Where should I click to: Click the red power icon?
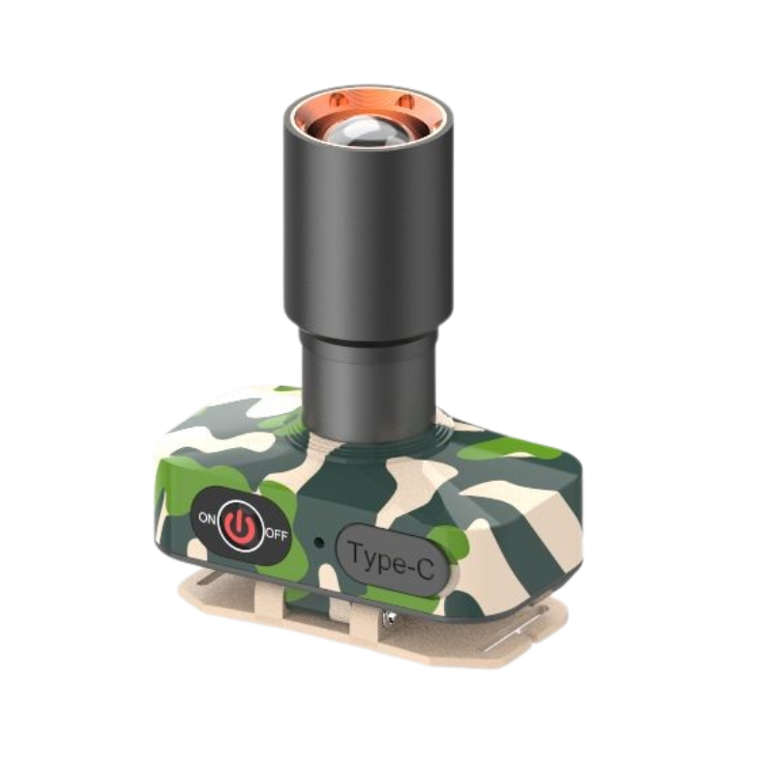tap(239, 524)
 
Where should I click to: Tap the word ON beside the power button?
tap(207, 518)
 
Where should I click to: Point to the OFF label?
tap(277, 535)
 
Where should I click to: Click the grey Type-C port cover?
tap(393, 559)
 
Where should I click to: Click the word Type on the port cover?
tap(373, 557)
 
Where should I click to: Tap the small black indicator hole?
tap(319, 543)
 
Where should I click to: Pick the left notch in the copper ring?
tap(336, 99)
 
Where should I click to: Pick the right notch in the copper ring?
tap(404, 102)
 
